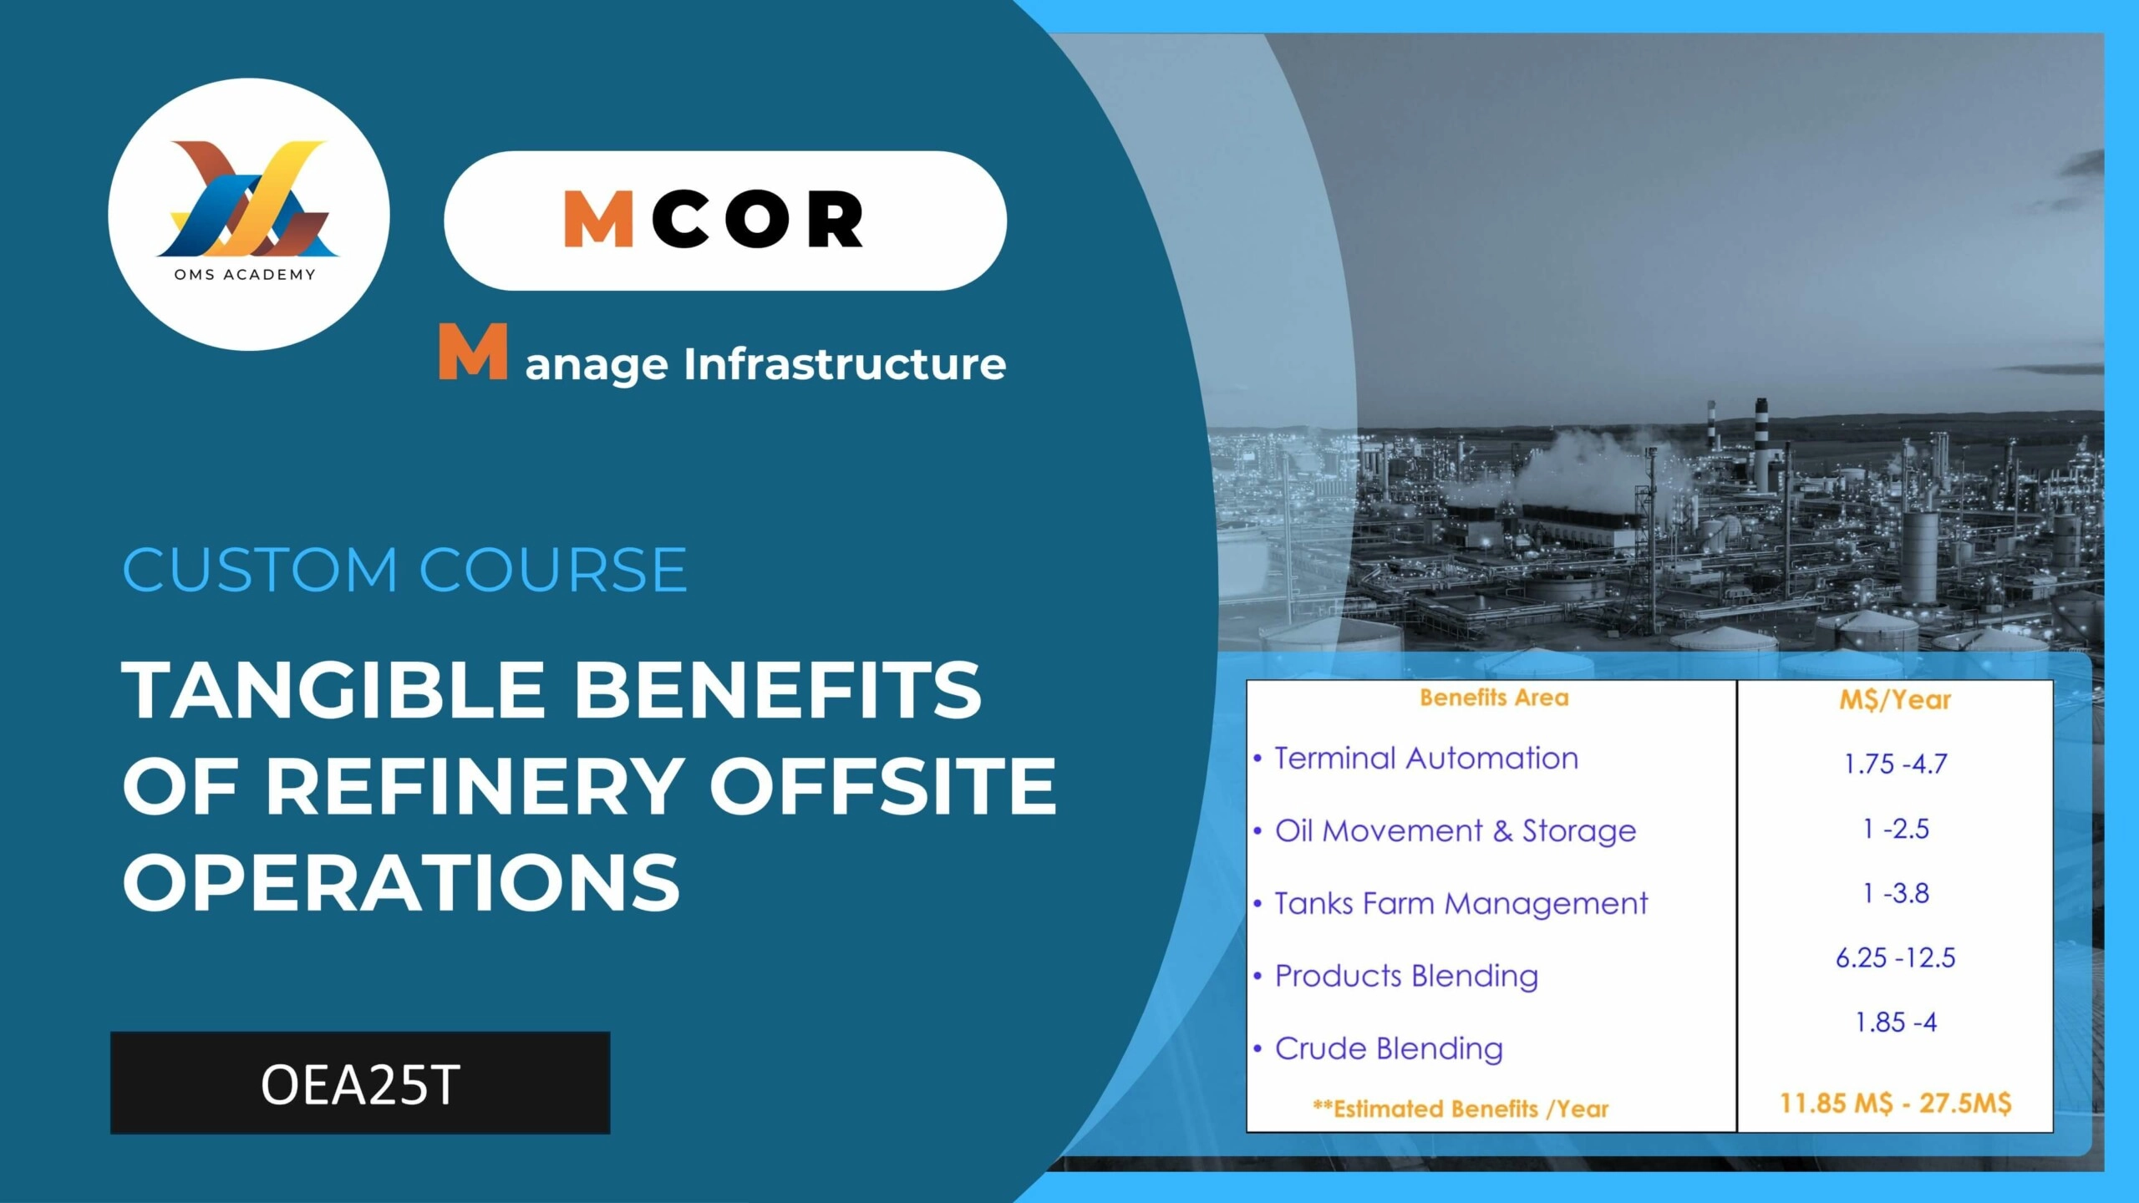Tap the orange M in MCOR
(x=598, y=219)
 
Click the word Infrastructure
(x=845, y=364)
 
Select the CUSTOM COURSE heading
(x=404, y=570)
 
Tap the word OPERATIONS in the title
(x=402, y=882)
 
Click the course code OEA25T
(x=360, y=1084)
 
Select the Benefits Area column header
(x=1494, y=698)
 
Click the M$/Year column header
(x=1895, y=700)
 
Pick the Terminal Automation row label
(x=1426, y=759)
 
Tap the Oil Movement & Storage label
(x=1456, y=831)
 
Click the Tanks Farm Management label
(x=1461, y=904)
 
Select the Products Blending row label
(x=1406, y=977)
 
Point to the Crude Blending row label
(x=1389, y=1048)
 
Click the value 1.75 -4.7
(x=1896, y=764)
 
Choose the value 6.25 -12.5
(x=1896, y=957)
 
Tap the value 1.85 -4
(x=1896, y=1022)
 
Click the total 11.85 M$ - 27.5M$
(x=1896, y=1103)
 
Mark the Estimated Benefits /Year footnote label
(x=1461, y=1109)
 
